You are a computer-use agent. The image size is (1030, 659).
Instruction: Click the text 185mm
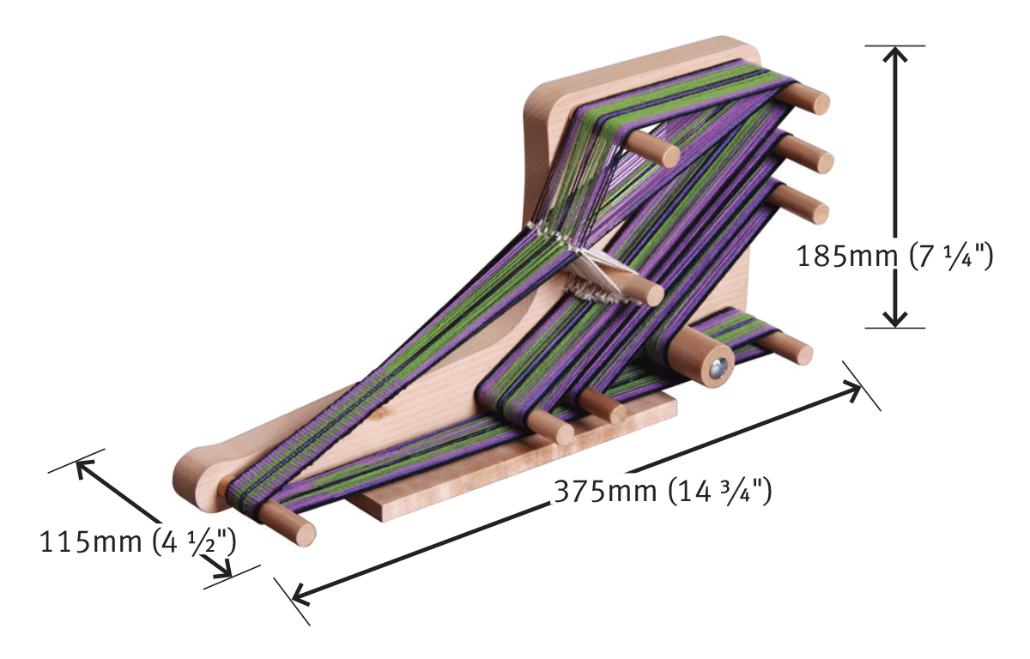click(x=846, y=256)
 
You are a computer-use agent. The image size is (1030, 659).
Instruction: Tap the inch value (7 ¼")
click(x=951, y=257)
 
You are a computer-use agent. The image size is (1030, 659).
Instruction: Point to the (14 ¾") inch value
click(x=720, y=492)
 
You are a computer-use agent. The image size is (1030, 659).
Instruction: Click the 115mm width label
click(x=91, y=541)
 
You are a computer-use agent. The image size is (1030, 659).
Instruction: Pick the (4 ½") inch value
click(x=195, y=542)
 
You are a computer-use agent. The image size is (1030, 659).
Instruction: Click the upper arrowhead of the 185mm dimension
click(x=894, y=53)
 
